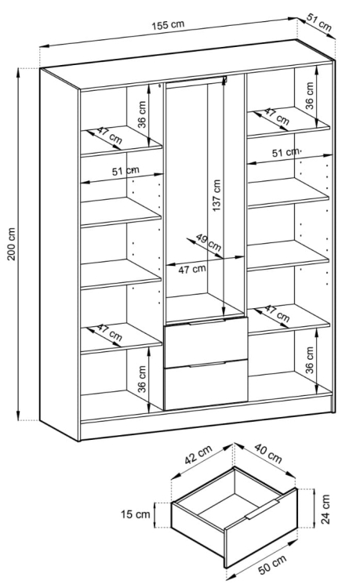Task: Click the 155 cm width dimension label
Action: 169,25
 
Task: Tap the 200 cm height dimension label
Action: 12,244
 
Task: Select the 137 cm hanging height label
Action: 216,195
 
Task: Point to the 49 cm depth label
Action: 209,242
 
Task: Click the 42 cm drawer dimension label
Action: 198,454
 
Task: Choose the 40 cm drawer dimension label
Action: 267,453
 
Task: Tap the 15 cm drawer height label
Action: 135,514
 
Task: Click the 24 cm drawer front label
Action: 325,509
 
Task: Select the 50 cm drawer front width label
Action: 272,564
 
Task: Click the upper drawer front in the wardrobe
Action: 205,343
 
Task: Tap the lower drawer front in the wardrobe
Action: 205,385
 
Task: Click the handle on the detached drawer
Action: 263,510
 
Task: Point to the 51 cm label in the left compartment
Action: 125,172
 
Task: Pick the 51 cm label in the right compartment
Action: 285,153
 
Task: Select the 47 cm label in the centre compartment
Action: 192,269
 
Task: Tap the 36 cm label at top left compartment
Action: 142,114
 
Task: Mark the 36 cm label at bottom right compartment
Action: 309,360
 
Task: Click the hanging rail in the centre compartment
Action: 196,82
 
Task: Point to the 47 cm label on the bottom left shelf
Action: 109,332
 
